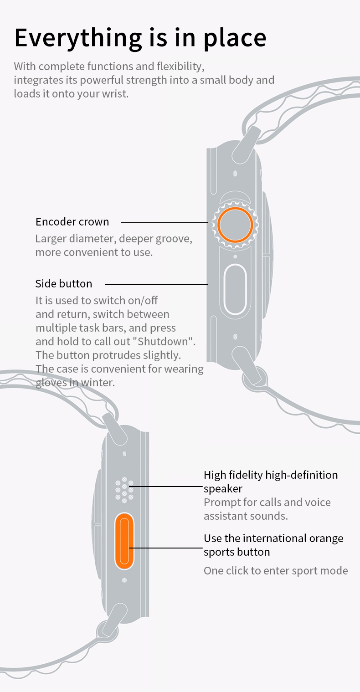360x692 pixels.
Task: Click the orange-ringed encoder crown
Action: [x=235, y=225]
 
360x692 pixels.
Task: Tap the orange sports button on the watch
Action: [x=124, y=541]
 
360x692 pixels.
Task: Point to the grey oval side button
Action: [x=235, y=289]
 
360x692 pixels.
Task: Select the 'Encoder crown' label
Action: [x=72, y=222]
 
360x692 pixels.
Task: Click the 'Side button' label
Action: [x=64, y=284]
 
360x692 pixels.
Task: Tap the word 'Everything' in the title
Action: [x=78, y=38]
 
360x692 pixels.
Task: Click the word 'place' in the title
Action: [x=235, y=38]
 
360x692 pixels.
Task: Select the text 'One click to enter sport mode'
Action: [x=276, y=570]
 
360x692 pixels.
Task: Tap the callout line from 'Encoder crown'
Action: [x=165, y=222]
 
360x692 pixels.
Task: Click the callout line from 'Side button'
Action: [x=156, y=284]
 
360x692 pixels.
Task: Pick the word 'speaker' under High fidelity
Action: [x=223, y=489]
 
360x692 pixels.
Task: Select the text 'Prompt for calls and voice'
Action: [x=267, y=502]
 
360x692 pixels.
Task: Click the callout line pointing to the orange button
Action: [x=165, y=548]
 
